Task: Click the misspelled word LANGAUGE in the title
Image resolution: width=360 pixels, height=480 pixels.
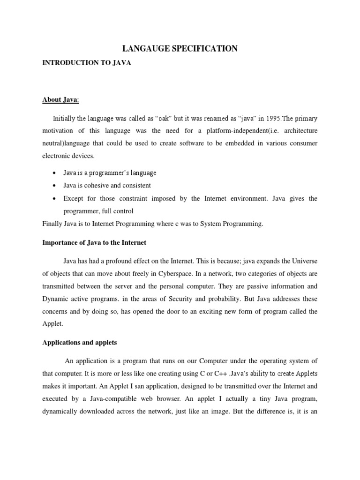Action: pos(143,49)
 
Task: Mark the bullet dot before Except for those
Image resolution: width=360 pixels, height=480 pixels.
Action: pos(55,199)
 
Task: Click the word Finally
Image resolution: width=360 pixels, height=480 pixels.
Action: pos(52,224)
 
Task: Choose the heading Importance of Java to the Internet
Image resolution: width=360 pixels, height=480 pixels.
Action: pos(94,242)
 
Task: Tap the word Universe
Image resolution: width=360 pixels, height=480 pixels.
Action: pos(305,260)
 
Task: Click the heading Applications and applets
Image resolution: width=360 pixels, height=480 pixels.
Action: pos(79,343)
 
